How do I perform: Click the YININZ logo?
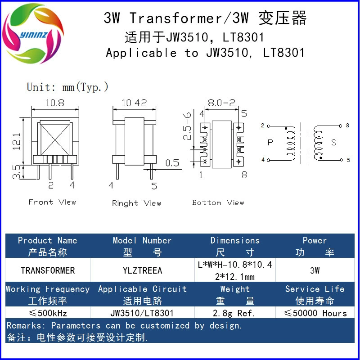[x=33, y=33]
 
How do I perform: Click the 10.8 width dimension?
[x=55, y=103]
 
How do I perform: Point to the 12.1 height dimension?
[x=17, y=142]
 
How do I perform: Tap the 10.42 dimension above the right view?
[x=134, y=103]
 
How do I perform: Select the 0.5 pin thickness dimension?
[x=172, y=163]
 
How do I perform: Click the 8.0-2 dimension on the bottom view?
[x=221, y=103]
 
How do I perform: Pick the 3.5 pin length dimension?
[x=17, y=172]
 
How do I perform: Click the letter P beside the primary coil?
[x=270, y=143]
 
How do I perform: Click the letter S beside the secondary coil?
[x=334, y=143]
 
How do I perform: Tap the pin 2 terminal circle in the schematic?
[x=269, y=126]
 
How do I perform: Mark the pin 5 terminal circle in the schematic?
[x=342, y=160]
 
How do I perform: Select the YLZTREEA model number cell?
[x=142, y=270]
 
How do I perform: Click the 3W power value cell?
[x=315, y=270]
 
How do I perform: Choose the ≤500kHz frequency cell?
[x=48, y=313]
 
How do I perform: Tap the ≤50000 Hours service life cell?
[x=315, y=313]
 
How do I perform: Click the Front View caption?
[x=52, y=202]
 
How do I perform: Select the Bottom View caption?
[x=218, y=202]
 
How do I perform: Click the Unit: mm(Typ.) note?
[x=67, y=87]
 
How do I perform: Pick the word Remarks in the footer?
[x=24, y=325]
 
